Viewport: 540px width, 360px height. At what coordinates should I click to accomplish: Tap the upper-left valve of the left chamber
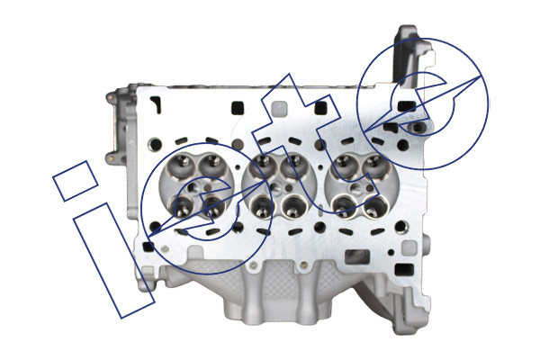pyautogui.click(x=182, y=164)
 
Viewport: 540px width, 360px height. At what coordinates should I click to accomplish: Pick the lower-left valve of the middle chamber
pyautogui.click(x=261, y=207)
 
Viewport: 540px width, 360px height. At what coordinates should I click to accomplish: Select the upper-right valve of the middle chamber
pyautogui.click(x=293, y=165)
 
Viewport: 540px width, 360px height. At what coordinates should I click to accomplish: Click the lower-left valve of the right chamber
pyautogui.click(x=344, y=206)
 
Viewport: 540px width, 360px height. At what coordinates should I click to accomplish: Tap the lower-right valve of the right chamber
pyautogui.click(x=376, y=206)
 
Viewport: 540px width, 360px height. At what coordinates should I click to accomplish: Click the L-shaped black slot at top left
pyautogui.click(x=156, y=104)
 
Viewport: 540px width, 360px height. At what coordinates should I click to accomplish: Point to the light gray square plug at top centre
pyautogui.click(x=279, y=108)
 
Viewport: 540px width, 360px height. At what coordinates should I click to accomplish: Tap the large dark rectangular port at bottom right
pyautogui.click(x=357, y=257)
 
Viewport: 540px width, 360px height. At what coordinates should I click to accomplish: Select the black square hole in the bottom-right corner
pyautogui.click(x=403, y=269)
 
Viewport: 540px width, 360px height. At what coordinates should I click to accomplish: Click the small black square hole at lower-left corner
pyautogui.click(x=148, y=246)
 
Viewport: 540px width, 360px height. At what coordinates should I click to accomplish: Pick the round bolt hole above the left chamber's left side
pyautogui.click(x=155, y=144)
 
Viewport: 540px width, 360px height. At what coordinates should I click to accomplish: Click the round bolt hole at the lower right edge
pyautogui.click(x=401, y=227)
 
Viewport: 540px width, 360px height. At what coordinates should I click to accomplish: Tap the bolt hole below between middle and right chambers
pyautogui.click(x=319, y=227)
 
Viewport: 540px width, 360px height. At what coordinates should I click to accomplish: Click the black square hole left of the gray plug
pyautogui.click(x=238, y=107)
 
